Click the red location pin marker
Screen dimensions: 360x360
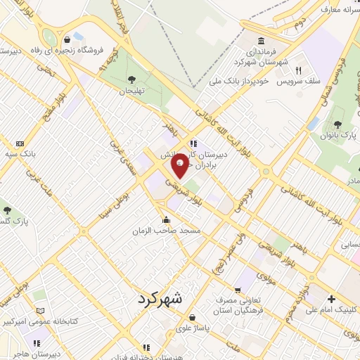(180, 165)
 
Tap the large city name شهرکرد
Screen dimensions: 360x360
(156, 298)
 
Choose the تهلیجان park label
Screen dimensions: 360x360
(131, 91)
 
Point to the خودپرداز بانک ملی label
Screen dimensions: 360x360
(240, 82)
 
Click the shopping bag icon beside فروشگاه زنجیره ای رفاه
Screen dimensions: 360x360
(66, 39)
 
